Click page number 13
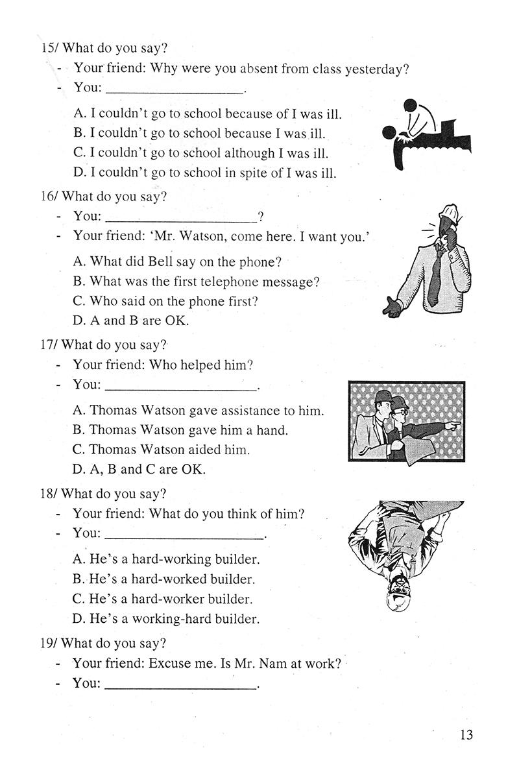465,734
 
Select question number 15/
49,48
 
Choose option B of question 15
200,134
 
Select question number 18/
49,494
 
